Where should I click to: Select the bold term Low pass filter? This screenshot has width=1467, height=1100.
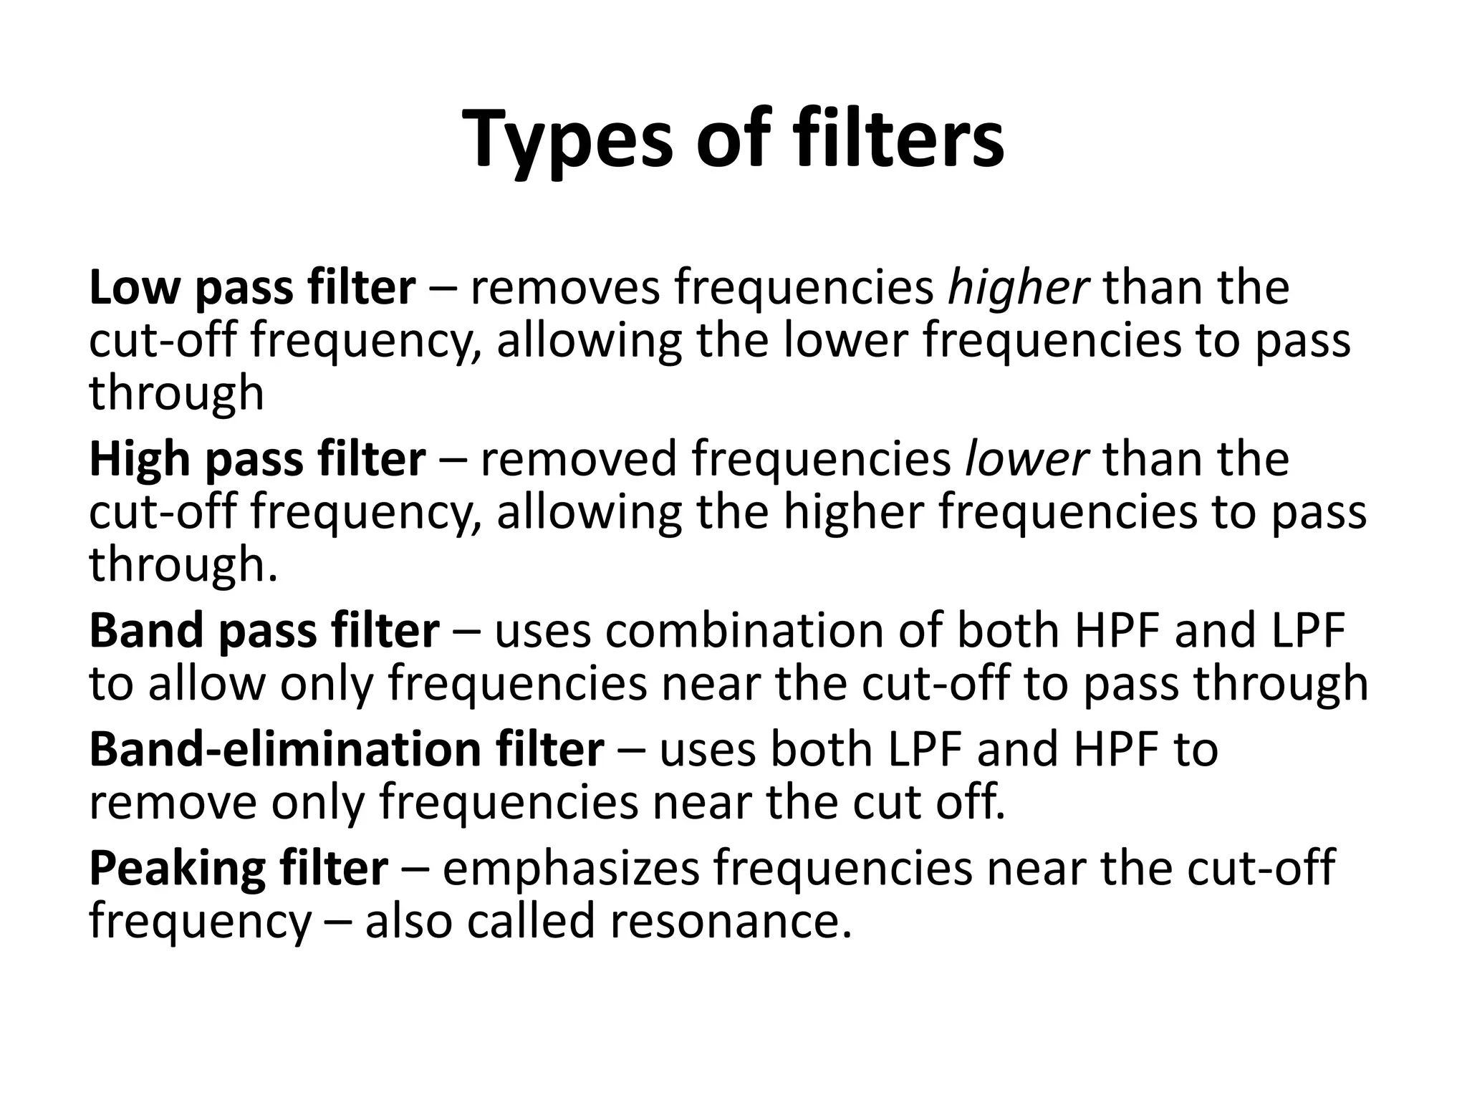click(252, 288)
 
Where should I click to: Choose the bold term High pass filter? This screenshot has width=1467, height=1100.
click(257, 459)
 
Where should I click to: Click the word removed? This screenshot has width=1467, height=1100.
click(578, 459)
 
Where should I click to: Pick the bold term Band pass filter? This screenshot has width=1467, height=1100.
click(264, 631)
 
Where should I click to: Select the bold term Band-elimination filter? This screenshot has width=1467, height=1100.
click(346, 750)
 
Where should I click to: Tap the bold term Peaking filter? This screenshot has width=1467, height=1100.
click(239, 869)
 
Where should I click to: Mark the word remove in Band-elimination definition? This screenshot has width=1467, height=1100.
click(172, 803)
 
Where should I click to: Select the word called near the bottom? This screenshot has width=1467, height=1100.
click(531, 921)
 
